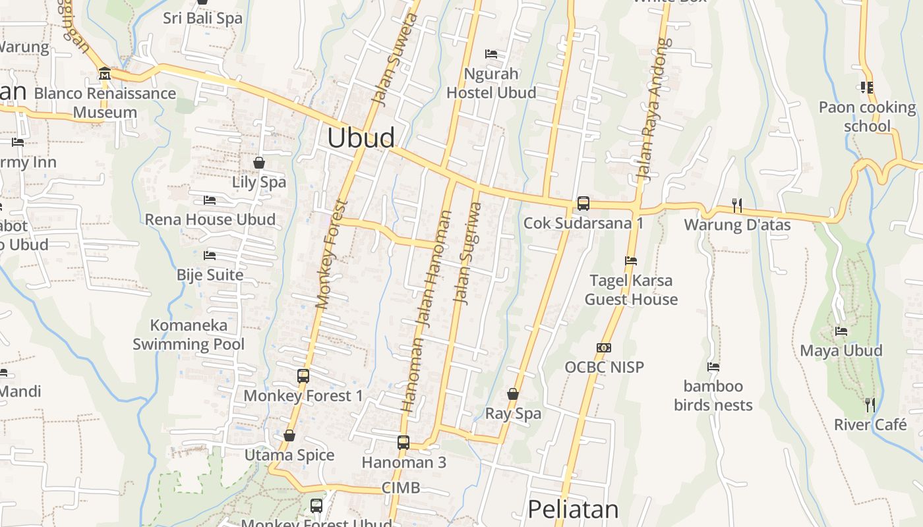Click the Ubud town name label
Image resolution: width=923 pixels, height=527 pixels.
361,138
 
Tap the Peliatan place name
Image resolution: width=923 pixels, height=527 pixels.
573,509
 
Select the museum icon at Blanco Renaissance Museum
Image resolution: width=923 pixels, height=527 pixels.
105,73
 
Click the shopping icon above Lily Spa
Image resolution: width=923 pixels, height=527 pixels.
259,162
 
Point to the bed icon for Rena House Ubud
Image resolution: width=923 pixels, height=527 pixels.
210,200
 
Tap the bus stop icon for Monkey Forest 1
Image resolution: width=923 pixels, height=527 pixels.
303,376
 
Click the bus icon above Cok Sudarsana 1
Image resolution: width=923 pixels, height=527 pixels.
583,203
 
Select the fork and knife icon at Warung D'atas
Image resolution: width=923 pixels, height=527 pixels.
737,205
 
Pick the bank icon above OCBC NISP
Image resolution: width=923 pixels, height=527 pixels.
604,347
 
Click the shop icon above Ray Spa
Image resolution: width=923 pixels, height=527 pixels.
513,394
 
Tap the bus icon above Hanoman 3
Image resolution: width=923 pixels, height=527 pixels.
403,443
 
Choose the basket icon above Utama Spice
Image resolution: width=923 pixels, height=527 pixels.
289,435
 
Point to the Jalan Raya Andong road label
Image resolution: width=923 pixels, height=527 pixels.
653,109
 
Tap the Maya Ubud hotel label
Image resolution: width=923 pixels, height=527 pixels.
841,350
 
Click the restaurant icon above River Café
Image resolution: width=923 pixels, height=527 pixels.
870,404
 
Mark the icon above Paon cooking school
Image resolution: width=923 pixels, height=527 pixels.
867,87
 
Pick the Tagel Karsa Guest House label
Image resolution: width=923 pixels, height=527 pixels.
631,290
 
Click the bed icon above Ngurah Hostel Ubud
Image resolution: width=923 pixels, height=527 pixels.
491,53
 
